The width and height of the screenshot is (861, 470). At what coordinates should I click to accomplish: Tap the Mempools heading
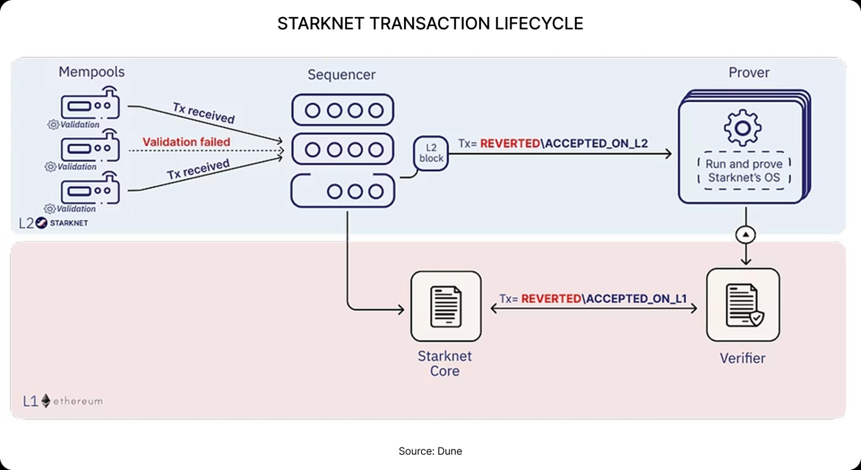[x=91, y=72]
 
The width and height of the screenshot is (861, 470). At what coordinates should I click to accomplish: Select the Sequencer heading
[x=341, y=74]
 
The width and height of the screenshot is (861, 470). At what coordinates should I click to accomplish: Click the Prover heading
[x=748, y=73]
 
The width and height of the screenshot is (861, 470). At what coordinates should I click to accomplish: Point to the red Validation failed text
[x=186, y=142]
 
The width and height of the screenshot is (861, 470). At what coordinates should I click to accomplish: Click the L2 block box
[x=431, y=153]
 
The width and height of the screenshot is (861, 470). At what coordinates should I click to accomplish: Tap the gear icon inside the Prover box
[x=742, y=128]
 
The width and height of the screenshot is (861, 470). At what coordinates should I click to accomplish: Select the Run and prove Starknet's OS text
[x=744, y=171]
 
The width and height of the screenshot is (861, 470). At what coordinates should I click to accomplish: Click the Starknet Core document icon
[x=446, y=306]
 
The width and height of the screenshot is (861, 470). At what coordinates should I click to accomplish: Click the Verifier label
[x=742, y=358]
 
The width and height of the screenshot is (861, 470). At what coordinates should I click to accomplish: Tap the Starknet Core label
[x=444, y=363]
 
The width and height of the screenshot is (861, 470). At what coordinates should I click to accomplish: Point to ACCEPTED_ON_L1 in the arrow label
[x=636, y=299]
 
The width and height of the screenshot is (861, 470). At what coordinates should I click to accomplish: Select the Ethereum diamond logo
[x=46, y=401]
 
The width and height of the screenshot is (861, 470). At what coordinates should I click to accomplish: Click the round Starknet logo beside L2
[x=41, y=223]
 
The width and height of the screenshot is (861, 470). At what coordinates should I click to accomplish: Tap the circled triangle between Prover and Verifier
[x=745, y=235]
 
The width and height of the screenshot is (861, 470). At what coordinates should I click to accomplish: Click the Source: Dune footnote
[x=430, y=451]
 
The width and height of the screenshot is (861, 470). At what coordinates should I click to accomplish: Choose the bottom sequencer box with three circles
[x=343, y=191]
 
